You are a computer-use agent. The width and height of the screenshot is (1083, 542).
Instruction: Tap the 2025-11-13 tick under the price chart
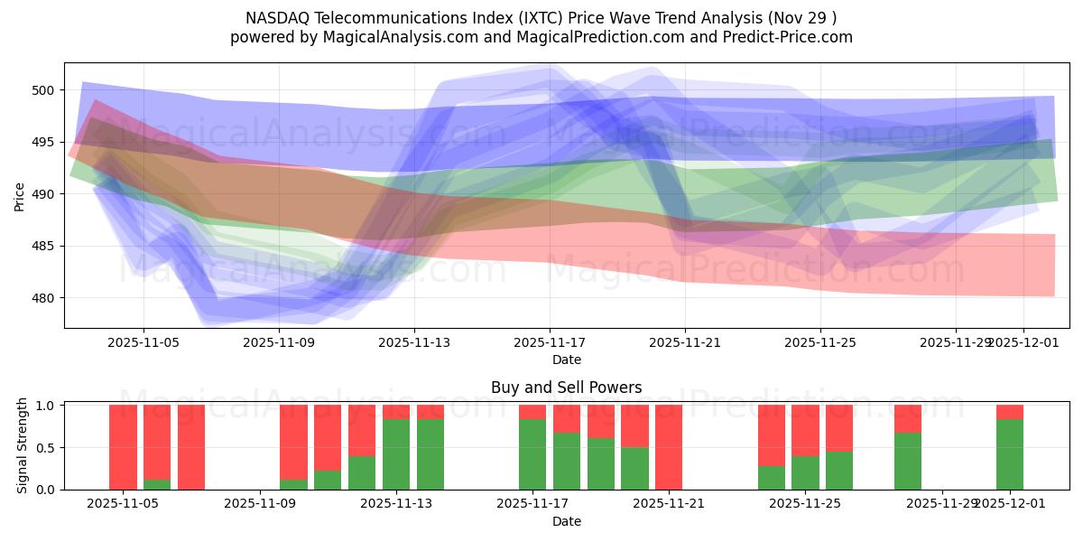point(414,342)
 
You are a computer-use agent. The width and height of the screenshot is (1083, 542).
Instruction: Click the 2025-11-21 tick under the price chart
point(685,342)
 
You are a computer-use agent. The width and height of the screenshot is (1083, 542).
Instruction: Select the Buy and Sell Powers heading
point(566,388)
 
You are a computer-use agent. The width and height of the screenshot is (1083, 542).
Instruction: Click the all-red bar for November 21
point(669,447)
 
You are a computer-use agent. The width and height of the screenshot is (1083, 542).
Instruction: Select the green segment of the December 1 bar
point(1010,454)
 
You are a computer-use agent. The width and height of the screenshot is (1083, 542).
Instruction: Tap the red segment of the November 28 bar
point(908,418)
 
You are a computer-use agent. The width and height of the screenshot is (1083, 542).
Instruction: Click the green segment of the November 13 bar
point(396,454)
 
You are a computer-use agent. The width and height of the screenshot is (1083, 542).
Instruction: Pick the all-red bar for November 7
point(191,447)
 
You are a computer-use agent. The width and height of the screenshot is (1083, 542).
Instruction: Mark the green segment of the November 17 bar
point(532,454)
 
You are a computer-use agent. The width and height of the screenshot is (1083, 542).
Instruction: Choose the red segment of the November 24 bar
point(772,435)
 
